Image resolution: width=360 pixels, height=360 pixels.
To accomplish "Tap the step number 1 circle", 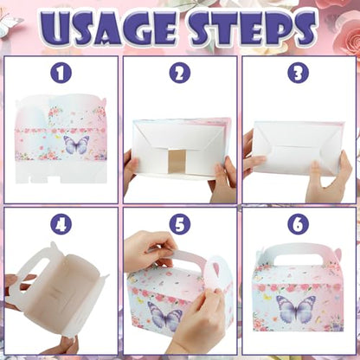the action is point(61,73).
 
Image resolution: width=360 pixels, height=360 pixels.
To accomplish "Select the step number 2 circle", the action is point(180,73).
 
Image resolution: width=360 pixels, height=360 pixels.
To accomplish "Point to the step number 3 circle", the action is point(299,73).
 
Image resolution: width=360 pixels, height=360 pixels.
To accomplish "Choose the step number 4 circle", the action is point(61,224).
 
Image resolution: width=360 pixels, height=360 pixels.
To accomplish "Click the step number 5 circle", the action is point(180,224).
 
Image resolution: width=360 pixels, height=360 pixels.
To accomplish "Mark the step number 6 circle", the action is point(299,224).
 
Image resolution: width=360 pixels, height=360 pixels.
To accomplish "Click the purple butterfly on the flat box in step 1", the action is point(76,145).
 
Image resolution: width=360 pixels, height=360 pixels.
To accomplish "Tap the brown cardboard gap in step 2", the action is point(177,162).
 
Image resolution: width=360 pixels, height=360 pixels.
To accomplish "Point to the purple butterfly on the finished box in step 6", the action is point(296,308).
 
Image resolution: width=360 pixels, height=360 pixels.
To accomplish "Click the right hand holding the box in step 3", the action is point(329,176).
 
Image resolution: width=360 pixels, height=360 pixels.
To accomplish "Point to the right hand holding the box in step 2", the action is point(223,180).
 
